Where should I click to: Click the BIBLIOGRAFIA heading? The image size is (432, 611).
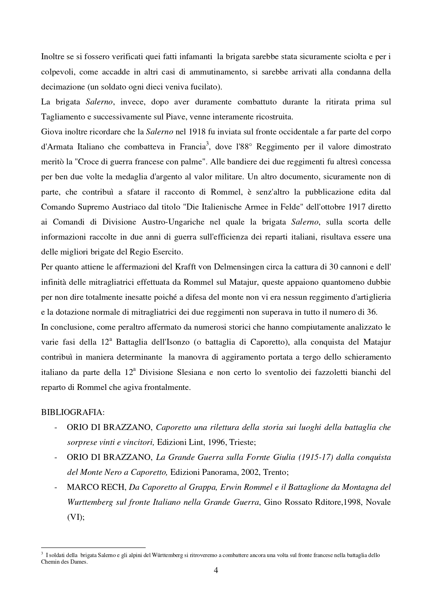point(72,412)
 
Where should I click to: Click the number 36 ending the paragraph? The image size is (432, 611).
point(372,312)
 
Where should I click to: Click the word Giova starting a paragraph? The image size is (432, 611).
point(50,132)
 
